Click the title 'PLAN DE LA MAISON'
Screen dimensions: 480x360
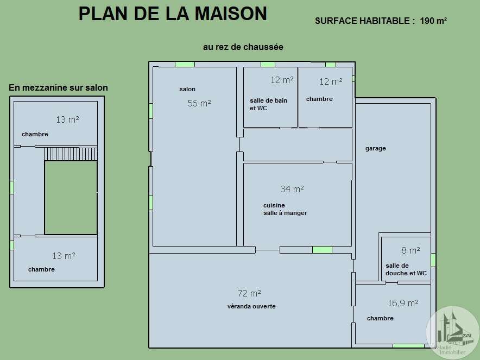[x=173, y=14]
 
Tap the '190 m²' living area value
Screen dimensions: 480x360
[x=433, y=21]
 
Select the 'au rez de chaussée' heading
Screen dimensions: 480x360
[x=243, y=47]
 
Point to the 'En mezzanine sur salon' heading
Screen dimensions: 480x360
[x=58, y=87]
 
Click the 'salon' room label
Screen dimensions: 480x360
[x=187, y=89]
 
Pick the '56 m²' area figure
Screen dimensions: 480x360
[x=199, y=103]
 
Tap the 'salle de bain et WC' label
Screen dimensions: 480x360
[x=268, y=104]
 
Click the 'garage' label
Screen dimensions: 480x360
[x=376, y=148]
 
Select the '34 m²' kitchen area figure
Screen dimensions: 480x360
[x=292, y=189]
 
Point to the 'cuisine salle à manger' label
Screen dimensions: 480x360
[x=285, y=209]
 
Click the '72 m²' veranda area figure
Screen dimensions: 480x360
[x=249, y=293]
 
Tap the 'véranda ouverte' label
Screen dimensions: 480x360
[x=251, y=306]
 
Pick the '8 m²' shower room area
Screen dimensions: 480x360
[x=410, y=250]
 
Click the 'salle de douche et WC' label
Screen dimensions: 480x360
[x=406, y=269]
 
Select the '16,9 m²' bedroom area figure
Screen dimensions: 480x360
[x=403, y=303]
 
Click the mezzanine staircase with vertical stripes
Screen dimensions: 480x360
[x=71, y=154]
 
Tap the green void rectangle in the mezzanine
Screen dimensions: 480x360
[x=71, y=198]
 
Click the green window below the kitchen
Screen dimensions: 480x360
[x=322, y=250]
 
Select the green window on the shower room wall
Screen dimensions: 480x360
[x=433, y=260]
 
